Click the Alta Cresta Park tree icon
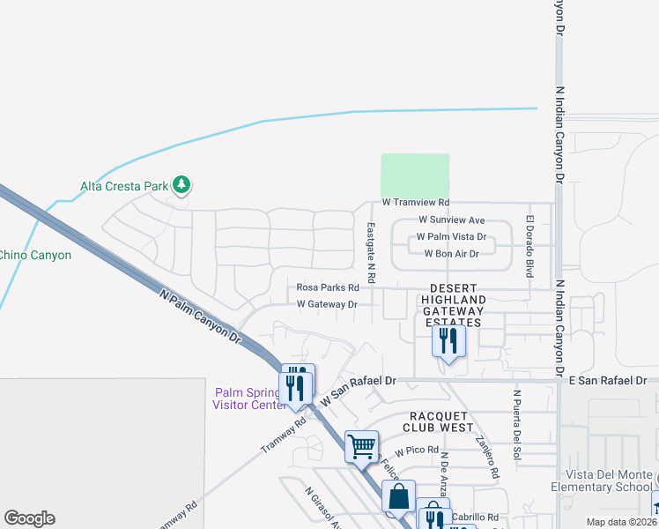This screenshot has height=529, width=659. pos(182,184)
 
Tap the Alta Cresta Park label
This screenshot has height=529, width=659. pos(124,186)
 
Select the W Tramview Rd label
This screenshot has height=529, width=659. pos(416,203)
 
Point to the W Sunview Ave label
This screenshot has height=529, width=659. pos(452,220)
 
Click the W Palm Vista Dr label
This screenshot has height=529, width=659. pos(451,236)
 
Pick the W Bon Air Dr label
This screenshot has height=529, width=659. pos(451,254)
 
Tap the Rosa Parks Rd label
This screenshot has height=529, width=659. pos(328,287)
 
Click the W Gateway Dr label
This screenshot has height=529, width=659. pos(327,304)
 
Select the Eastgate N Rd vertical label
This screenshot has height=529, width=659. pos(371,251)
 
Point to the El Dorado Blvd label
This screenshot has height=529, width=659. pos(530,246)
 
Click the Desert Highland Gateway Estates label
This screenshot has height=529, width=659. pos(453,305)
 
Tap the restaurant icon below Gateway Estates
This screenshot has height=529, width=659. pos(448,341)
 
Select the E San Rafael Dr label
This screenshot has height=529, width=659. pos(608,381)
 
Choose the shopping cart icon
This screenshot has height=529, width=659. pos(361,446)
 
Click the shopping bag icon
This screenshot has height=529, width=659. pos(398,495)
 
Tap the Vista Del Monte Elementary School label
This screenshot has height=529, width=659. pos(609,481)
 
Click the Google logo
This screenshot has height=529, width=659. pos(29,518)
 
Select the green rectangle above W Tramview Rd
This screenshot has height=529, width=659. pos(415,175)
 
